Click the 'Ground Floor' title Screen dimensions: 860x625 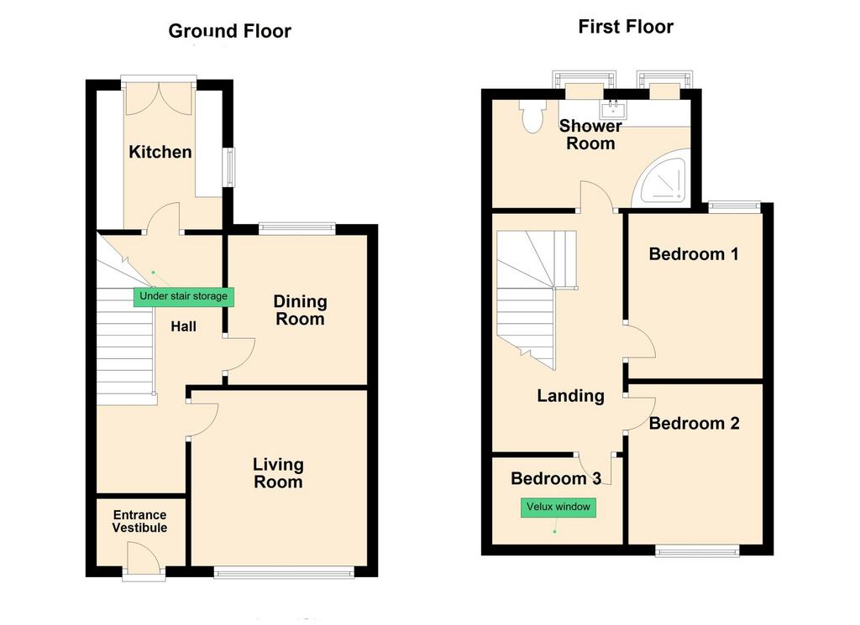pyautogui.click(x=229, y=31)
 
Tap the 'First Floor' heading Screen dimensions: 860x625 pyautogui.click(x=626, y=26)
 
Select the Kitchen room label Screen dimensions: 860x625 pyautogui.click(x=160, y=152)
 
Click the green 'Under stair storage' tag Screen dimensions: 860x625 pyautogui.click(x=184, y=296)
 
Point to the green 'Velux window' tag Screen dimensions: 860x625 pyautogui.click(x=558, y=508)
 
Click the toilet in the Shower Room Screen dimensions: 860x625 pyautogui.click(x=532, y=116)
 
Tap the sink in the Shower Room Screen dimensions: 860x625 pyautogui.click(x=612, y=109)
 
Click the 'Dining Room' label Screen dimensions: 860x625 pyautogui.click(x=300, y=310)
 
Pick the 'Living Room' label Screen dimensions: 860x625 pyautogui.click(x=278, y=473)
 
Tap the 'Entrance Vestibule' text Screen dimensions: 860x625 pyautogui.click(x=140, y=521)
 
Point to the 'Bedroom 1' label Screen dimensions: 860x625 pyautogui.click(x=694, y=254)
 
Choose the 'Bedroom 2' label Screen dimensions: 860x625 pyautogui.click(x=694, y=424)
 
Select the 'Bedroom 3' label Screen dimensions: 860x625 pyautogui.click(x=556, y=479)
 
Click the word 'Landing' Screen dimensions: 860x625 pyautogui.click(x=570, y=395)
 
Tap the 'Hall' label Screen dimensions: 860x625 pyautogui.click(x=183, y=327)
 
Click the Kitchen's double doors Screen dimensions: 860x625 pyautogui.click(x=160, y=99)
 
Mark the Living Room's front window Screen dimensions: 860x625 pyautogui.click(x=284, y=573)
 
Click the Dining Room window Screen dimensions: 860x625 pyautogui.click(x=296, y=228)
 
